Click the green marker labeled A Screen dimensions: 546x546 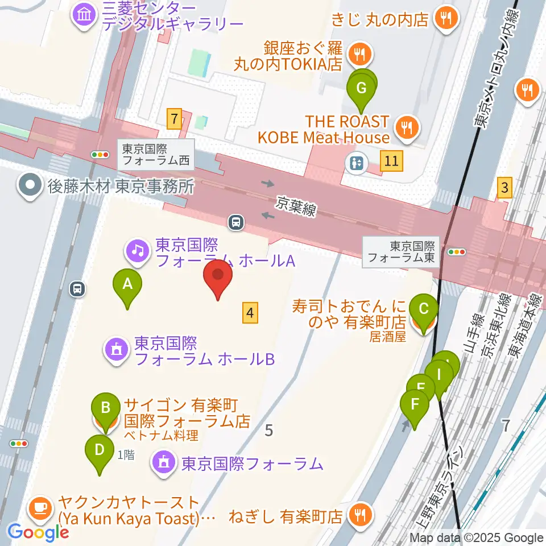[127, 283]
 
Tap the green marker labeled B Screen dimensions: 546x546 [106, 408]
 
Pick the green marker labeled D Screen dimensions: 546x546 [99, 449]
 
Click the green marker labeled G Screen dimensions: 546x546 [361, 89]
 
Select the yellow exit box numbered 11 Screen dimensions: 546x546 [391, 161]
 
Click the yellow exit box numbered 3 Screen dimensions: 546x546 [504, 187]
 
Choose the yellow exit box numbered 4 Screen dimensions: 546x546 [250, 312]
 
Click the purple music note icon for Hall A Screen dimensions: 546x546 [137, 249]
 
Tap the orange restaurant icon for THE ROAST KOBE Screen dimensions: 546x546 [407, 128]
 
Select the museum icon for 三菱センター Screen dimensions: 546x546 [85, 14]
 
